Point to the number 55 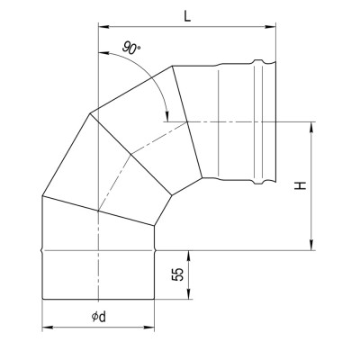point(180,275)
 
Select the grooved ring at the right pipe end point(264,120)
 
